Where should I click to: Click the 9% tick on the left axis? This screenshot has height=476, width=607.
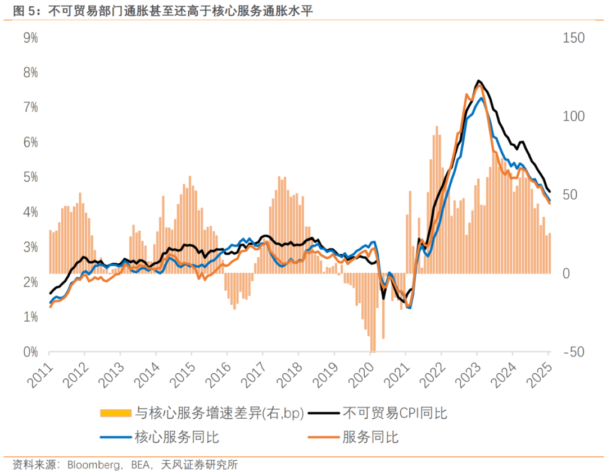tap(30, 38)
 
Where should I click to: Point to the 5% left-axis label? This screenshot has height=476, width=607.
tap(30, 177)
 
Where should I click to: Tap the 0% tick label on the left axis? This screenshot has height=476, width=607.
tap(30, 352)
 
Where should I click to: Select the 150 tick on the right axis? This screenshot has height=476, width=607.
tap(573, 38)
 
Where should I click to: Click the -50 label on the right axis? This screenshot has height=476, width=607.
tap(573, 352)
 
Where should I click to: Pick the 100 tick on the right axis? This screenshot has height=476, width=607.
tap(573, 116)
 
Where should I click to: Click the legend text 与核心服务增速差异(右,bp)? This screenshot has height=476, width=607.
tap(219, 414)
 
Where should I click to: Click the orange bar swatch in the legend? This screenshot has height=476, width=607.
tap(116, 414)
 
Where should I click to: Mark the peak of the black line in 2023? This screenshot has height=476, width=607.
tap(478, 81)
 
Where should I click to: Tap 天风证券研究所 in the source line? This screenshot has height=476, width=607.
tap(200, 465)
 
